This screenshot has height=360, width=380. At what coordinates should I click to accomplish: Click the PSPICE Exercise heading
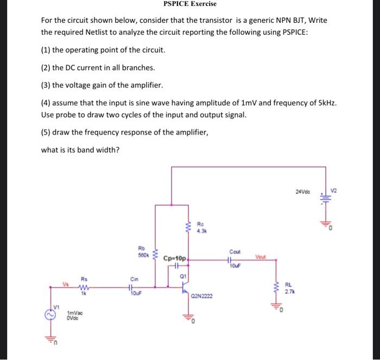tap(189, 4)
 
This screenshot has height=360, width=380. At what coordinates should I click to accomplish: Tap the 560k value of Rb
tap(143, 255)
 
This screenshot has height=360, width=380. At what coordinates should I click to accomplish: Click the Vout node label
tap(261, 259)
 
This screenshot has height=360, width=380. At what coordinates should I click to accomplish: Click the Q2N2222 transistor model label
tap(201, 296)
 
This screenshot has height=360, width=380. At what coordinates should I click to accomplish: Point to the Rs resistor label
tap(84, 281)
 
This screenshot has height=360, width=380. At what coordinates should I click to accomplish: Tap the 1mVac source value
tap(74, 313)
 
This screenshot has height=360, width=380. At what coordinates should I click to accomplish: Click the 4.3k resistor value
tap(201, 230)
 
